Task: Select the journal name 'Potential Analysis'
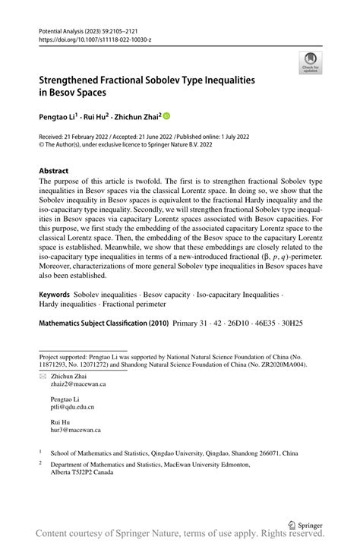(x=64, y=27)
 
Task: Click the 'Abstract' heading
(x=54, y=171)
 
